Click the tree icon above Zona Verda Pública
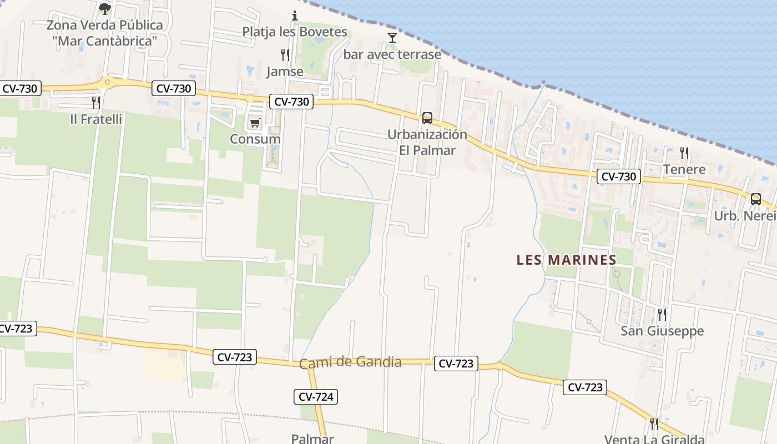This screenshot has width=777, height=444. [104, 8]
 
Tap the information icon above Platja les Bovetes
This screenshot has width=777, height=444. [295, 15]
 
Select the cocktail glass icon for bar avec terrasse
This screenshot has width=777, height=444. [392, 38]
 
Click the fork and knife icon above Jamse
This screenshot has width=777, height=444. [285, 54]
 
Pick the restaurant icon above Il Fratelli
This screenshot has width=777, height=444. [96, 102]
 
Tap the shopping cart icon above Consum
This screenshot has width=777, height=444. [255, 123]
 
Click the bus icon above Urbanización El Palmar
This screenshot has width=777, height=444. [427, 118]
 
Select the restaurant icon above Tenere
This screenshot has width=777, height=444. [684, 153]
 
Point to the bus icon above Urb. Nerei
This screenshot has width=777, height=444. [755, 199]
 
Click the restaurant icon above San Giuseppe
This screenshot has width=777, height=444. [662, 314]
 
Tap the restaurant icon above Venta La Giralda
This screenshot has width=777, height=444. [654, 424]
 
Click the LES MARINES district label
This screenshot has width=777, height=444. [566, 260]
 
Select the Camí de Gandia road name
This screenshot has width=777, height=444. [350, 363]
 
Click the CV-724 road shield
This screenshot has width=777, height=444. [316, 396]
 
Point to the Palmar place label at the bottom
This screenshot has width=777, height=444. [312, 438]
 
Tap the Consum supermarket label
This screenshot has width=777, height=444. [255, 139]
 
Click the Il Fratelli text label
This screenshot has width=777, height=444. [96, 119]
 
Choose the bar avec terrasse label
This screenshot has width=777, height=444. [392, 54]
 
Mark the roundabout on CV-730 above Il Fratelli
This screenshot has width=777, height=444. [106, 83]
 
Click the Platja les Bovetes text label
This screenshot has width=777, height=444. [295, 32]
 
